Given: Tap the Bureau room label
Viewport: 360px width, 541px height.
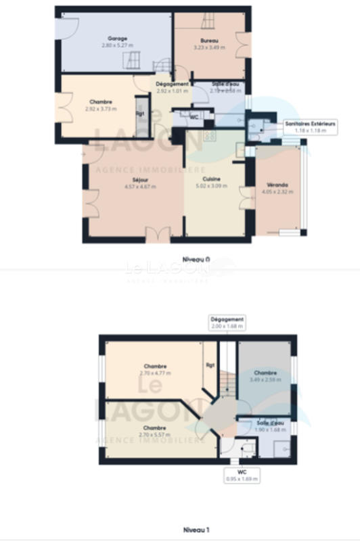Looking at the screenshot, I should click(209, 41).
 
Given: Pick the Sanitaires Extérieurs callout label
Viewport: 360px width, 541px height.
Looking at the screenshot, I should click(311, 124).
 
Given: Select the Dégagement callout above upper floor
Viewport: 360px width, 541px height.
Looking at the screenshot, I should click(227, 319).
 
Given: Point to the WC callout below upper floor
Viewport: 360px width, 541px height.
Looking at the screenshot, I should click(242, 473).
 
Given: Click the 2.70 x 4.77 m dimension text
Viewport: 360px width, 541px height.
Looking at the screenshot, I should click(155, 373).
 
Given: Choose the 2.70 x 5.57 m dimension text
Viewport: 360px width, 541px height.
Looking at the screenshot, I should click(155, 434).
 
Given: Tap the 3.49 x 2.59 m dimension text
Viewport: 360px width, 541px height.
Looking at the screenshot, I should click(265, 379).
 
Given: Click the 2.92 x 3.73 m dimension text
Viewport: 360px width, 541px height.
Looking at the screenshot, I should click(101, 108).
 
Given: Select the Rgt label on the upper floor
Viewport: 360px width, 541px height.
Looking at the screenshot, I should click(209, 366).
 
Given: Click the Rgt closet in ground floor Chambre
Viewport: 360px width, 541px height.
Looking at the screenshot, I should click(140, 114).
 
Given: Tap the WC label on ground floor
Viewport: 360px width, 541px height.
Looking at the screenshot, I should click(194, 117).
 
